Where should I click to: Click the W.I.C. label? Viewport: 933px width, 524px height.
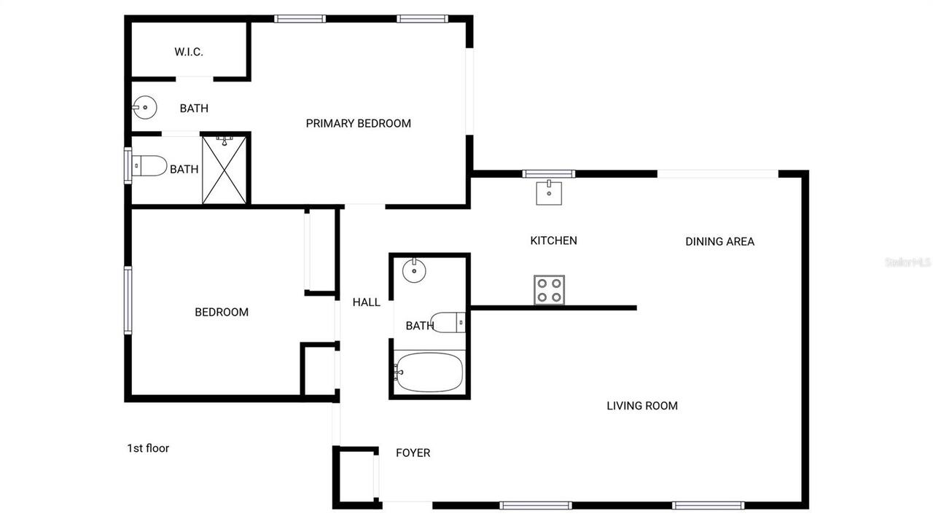coord(188,52)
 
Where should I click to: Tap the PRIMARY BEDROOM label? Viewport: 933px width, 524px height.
coord(358,123)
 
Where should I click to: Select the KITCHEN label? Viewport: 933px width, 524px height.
coord(553,241)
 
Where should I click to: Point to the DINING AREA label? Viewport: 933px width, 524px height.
coord(719,241)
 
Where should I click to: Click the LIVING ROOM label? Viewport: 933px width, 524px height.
coord(642,406)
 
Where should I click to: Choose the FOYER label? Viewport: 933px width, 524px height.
coord(413,453)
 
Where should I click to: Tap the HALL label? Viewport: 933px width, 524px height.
coord(366,302)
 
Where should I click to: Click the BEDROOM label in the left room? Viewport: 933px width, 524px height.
coord(222,312)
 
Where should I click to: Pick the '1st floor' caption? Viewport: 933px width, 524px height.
coord(148,448)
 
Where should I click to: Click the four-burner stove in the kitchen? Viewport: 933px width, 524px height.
coord(549,289)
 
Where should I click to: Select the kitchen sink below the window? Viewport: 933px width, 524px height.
coord(549,193)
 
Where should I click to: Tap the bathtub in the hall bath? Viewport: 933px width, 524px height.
coord(429,372)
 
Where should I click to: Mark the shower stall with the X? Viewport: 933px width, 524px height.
coord(225,170)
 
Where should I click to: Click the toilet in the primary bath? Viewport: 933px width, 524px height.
coord(149,166)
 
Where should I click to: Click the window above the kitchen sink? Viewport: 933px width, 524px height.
coord(549,173)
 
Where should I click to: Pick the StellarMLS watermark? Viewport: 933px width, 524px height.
coord(907,262)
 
